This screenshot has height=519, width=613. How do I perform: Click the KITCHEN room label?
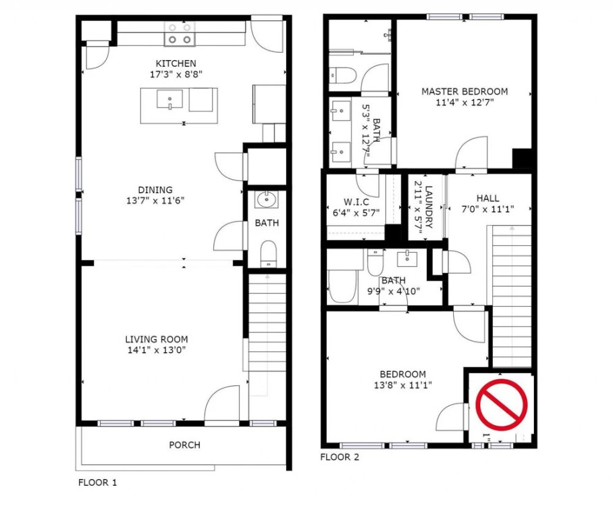pos(176,64)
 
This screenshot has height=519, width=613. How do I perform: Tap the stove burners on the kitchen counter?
pos(180,34)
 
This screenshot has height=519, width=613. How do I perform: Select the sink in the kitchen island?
pos(169,99)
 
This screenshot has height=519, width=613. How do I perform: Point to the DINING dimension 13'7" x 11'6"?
pos(155,201)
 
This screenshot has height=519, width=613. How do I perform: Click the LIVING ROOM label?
pos(157,339)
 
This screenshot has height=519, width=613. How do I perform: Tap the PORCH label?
pos(184,445)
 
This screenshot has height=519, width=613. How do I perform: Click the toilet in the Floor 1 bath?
pos(268,253)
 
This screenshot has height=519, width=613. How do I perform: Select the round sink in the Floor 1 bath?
pos(267,199)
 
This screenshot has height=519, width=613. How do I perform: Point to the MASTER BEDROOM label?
pos(464,92)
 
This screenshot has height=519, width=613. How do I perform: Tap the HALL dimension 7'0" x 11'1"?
pos(487,209)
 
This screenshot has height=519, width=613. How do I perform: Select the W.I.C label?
pos(356,202)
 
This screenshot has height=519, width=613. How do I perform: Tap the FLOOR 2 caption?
pos(340,457)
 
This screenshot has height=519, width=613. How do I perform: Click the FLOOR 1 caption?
pos(97,483)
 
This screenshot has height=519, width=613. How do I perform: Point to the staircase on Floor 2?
pos(511,296)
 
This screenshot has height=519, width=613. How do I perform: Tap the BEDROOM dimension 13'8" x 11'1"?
pos(402,385)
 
